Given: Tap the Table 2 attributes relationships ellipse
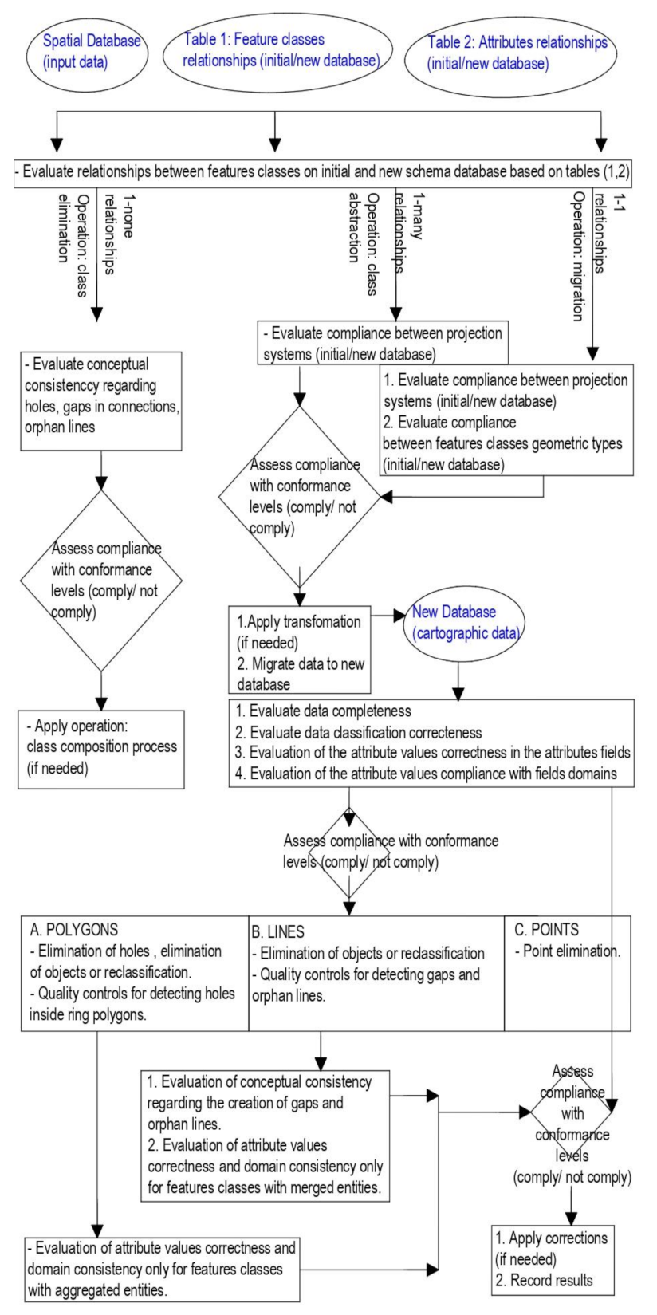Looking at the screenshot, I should [x=517, y=53].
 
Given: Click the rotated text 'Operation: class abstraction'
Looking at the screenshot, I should [x=361, y=231].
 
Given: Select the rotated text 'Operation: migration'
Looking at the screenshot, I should [x=578, y=255].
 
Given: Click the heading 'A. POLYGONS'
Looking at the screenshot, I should [x=73, y=929].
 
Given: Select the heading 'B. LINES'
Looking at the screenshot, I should [x=278, y=931].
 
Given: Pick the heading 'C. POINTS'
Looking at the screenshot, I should [x=546, y=929].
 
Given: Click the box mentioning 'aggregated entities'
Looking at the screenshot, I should [x=162, y=1268].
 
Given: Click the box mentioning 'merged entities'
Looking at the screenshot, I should [x=266, y=1135].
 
